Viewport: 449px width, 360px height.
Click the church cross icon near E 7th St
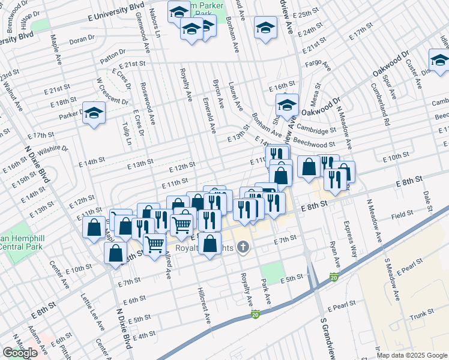pos(243,247)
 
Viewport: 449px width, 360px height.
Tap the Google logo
pos(20,353)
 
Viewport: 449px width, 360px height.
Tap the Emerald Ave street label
pos(209,115)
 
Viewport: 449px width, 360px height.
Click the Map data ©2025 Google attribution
pos(412,355)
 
